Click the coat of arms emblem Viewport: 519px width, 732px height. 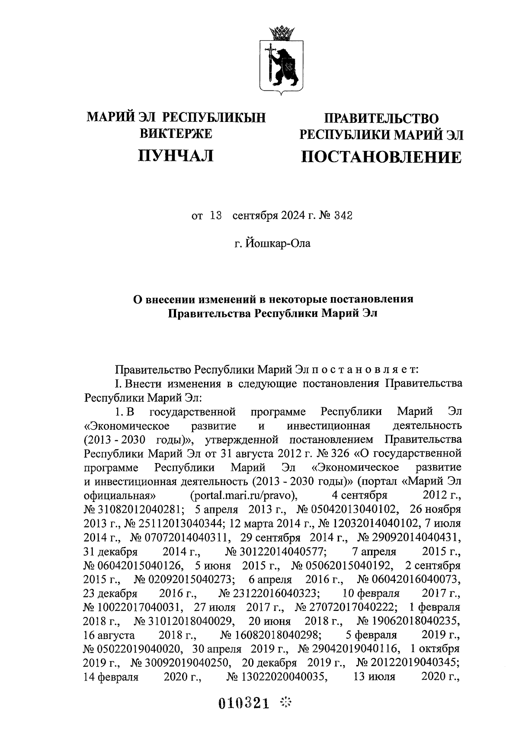pyautogui.click(x=281, y=65)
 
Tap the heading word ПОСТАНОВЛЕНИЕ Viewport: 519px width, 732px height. pyautogui.click(x=381, y=157)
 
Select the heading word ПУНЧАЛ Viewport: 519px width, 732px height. pyautogui.click(x=176, y=155)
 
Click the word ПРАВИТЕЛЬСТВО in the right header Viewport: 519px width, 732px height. pyautogui.click(x=381, y=118)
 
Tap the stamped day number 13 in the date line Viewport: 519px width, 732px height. pyautogui.click(x=215, y=215)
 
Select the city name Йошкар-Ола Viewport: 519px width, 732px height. pyautogui.click(x=278, y=244)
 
